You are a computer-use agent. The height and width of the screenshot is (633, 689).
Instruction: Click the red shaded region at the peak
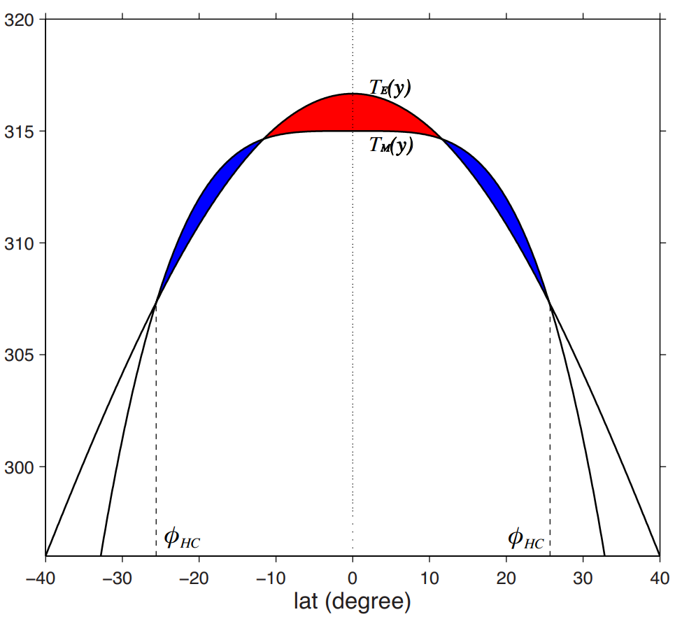point(353,113)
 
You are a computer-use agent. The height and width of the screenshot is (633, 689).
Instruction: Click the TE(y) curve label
point(390,88)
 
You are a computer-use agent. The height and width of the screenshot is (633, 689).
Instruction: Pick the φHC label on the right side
point(525,539)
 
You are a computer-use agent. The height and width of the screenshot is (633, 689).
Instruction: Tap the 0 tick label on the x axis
point(353,578)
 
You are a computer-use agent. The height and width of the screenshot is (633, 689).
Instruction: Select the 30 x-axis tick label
point(583,578)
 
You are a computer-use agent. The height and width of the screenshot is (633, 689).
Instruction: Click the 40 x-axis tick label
point(660,578)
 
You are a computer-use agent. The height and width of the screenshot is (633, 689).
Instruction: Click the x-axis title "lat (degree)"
point(352,602)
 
